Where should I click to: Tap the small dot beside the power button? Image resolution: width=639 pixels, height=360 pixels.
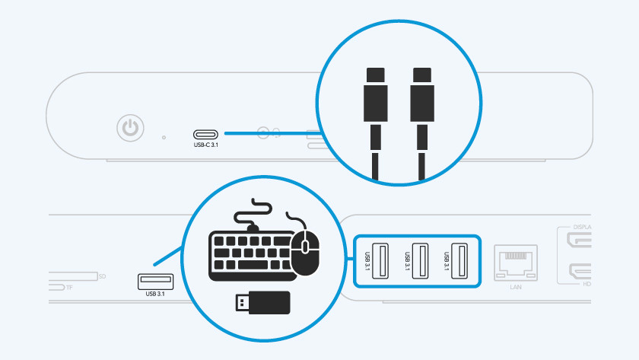[164, 138]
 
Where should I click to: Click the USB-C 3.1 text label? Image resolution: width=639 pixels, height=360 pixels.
[208, 145]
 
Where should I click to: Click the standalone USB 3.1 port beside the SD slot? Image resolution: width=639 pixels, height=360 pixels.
[155, 281]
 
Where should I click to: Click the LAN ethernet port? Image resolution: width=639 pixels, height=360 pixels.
[516, 261]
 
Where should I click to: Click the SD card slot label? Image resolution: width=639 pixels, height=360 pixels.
[102, 276]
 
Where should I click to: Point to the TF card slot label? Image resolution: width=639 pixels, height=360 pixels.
[69, 288]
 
